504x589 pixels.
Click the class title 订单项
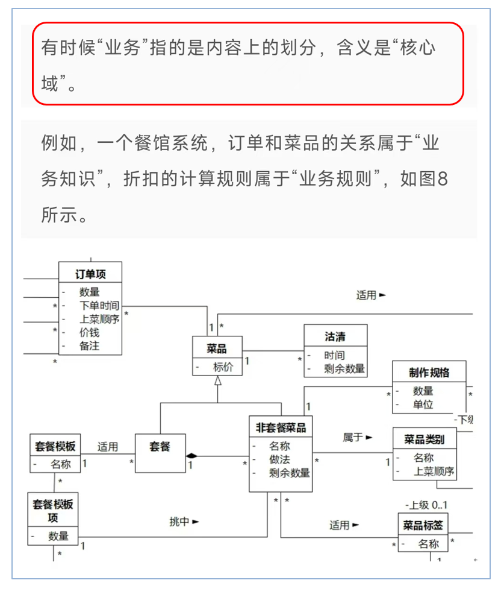(90, 274)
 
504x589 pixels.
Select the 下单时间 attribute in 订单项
(99, 306)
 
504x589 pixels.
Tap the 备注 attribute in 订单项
(89, 346)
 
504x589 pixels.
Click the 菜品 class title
(217, 348)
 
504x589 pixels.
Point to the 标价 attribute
(222, 367)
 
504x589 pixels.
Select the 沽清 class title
(335, 336)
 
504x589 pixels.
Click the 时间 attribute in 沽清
(334, 355)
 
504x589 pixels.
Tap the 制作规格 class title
(429, 372)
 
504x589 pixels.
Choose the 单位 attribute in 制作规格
(423, 405)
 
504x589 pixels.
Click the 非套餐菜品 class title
(281, 427)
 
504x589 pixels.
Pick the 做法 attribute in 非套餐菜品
(279, 459)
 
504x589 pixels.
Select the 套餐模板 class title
(55, 447)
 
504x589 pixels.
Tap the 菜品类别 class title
(424, 439)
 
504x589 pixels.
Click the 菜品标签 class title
(423, 525)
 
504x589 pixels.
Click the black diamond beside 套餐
(191, 455)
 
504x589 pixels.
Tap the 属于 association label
(353, 437)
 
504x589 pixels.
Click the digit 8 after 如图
(442, 180)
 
